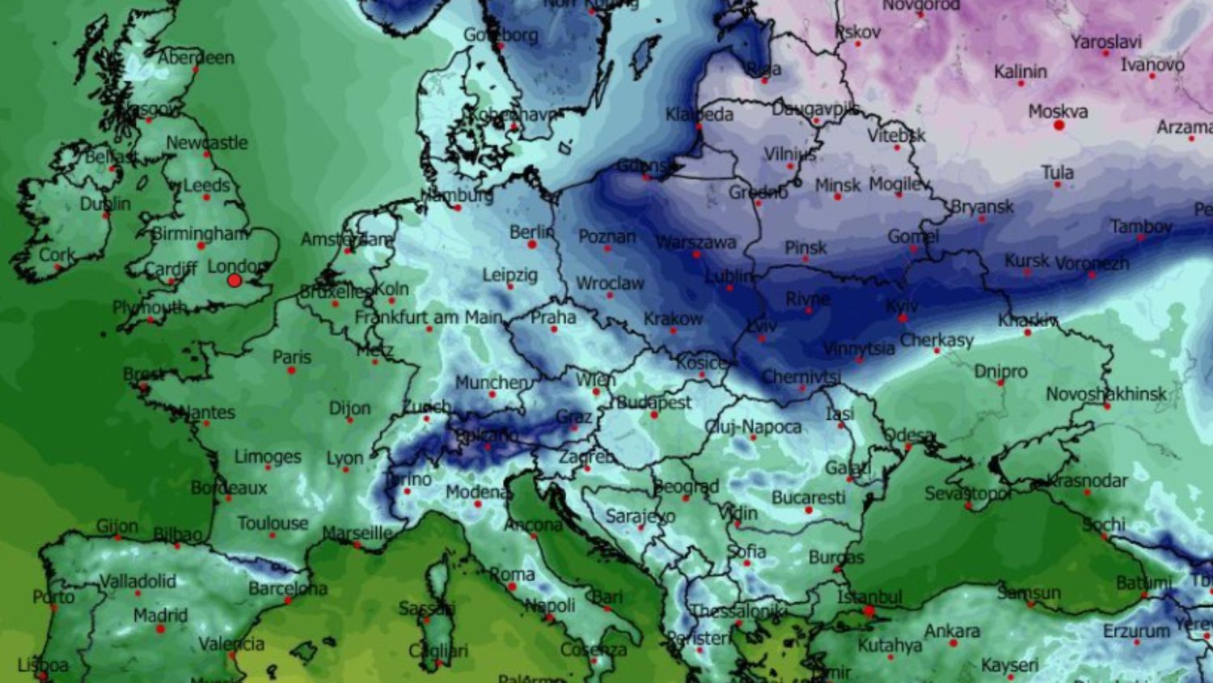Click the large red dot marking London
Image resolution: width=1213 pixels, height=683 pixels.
pos(235,281)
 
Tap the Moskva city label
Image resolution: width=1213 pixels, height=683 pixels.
pos(1058,112)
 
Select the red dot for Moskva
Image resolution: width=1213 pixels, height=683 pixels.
pos(1059,125)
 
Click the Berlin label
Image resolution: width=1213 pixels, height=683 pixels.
pos(532,232)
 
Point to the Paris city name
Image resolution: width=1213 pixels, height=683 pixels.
pos(291,357)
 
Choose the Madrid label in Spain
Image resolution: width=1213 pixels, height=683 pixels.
pos(160,615)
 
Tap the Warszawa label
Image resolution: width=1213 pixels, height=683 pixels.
pos(695,242)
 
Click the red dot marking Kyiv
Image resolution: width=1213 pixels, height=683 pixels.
pos(902,318)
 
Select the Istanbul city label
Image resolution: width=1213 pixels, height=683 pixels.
pos(869,597)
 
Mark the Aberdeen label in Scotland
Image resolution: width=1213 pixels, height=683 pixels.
pos(196,58)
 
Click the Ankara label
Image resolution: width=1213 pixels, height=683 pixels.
pos(952,630)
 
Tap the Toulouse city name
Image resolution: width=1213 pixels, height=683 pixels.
pos(273,524)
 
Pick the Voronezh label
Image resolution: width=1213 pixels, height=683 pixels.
pos(1092,263)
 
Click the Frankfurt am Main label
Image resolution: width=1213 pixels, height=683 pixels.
pos(429,317)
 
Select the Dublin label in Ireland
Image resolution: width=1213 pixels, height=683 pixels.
pos(105,203)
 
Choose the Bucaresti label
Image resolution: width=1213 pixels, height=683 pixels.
pos(808,497)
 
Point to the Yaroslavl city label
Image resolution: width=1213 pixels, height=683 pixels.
pos(1105,42)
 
